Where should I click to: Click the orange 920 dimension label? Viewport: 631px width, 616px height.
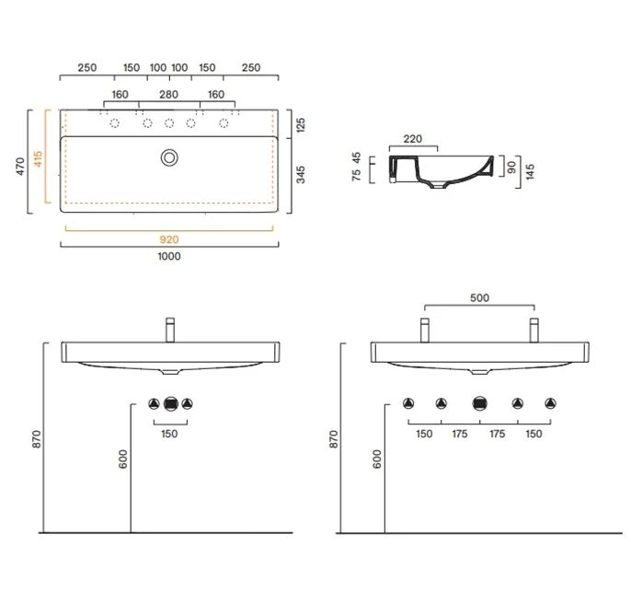[x=169, y=239]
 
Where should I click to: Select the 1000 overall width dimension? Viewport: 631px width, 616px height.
[x=169, y=256]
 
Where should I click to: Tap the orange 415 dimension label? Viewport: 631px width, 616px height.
[x=38, y=159]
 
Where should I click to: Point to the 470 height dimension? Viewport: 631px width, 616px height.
[x=20, y=166]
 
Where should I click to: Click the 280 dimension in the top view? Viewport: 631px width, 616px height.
[x=168, y=95]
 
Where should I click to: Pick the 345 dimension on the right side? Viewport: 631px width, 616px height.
[x=301, y=174]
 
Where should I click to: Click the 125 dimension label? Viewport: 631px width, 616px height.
[x=301, y=125]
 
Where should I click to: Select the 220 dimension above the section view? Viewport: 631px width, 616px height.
[x=412, y=139]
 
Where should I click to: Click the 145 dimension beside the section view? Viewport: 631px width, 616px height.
[x=530, y=171]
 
